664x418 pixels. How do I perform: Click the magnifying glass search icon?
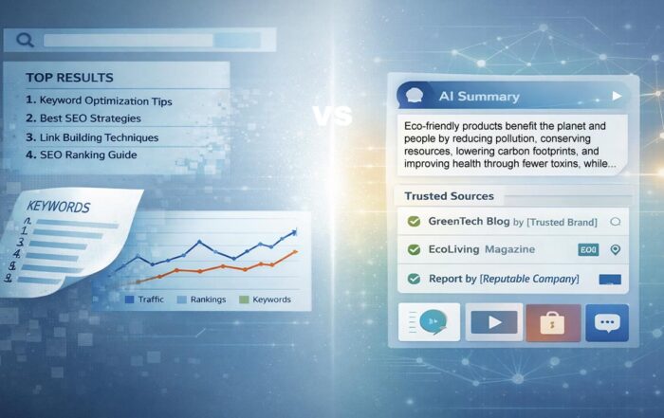[x=25, y=40]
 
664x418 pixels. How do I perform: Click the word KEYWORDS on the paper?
[x=60, y=207]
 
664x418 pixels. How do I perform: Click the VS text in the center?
[x=332, y=116]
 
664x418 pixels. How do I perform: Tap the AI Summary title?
[x=479, y=97]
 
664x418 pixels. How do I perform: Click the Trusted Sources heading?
[x=449, y=196]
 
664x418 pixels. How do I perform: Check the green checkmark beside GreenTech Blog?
[x=414, y=222]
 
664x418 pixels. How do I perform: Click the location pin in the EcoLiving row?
[x=615, y=249]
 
